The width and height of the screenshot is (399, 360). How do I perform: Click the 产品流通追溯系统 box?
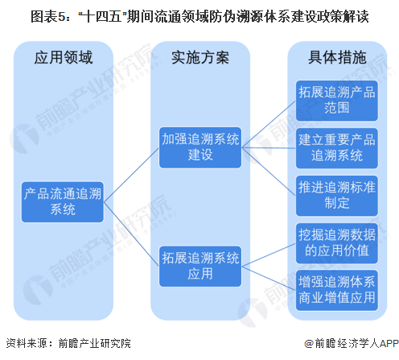[x=63, y=202]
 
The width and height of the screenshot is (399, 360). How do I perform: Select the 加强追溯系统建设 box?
[x=200, y=147]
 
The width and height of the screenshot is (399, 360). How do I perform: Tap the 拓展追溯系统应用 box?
[x=200, y=267]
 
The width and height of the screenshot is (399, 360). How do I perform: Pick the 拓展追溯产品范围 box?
[x=337, y=101]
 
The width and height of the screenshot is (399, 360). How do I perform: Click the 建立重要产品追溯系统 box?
[x=337, y=148]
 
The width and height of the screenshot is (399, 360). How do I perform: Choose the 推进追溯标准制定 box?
[x=337, y=196]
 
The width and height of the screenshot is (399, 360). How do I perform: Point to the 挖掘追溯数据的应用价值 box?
[x=337, y=243]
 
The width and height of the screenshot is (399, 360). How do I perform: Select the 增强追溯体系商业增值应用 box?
[x=337, y=290]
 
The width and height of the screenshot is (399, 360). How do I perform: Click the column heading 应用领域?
[x=64, y=57]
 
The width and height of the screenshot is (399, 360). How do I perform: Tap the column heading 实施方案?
[x=200, y=57]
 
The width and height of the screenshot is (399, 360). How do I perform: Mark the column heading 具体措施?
[x=337, y=57]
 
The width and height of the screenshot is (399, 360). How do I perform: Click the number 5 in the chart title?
[x=61, y=17]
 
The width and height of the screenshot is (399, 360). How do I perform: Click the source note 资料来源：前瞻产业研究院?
[x=68, y=343]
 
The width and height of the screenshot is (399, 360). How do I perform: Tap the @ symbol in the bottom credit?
[x=309, y=344]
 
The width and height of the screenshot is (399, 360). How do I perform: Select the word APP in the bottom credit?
[x=389, y=343]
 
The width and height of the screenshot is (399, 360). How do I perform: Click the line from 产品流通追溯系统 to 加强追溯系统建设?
[x=131, y=175]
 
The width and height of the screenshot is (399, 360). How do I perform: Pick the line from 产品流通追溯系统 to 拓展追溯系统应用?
[x=131, y=234]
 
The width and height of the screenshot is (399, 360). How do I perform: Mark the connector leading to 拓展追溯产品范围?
[x=269, y=124]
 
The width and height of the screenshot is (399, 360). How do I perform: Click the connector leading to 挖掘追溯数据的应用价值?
[x=269, y=254]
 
